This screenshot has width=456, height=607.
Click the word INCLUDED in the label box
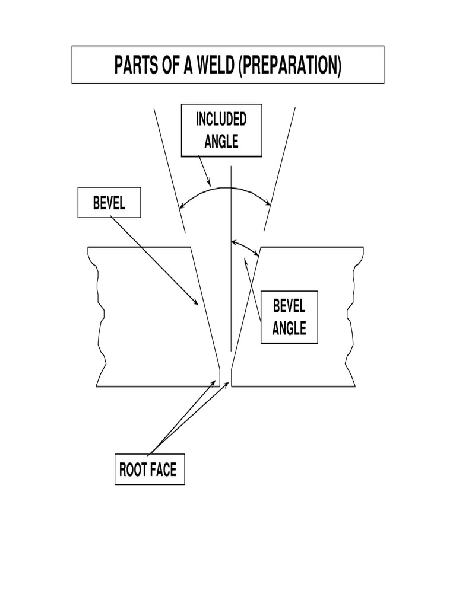tap(221, 120)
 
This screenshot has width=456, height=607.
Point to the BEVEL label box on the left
tap(109, 203)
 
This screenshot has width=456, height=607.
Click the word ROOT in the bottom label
tap(132, 471)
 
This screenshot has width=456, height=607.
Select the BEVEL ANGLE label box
tap(289, 317)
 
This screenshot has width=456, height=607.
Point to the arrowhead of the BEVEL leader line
tap(197, 303)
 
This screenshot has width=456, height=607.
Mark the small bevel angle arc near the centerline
tap(245, 245)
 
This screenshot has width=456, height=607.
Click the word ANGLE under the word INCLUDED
tap(221, 142)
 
